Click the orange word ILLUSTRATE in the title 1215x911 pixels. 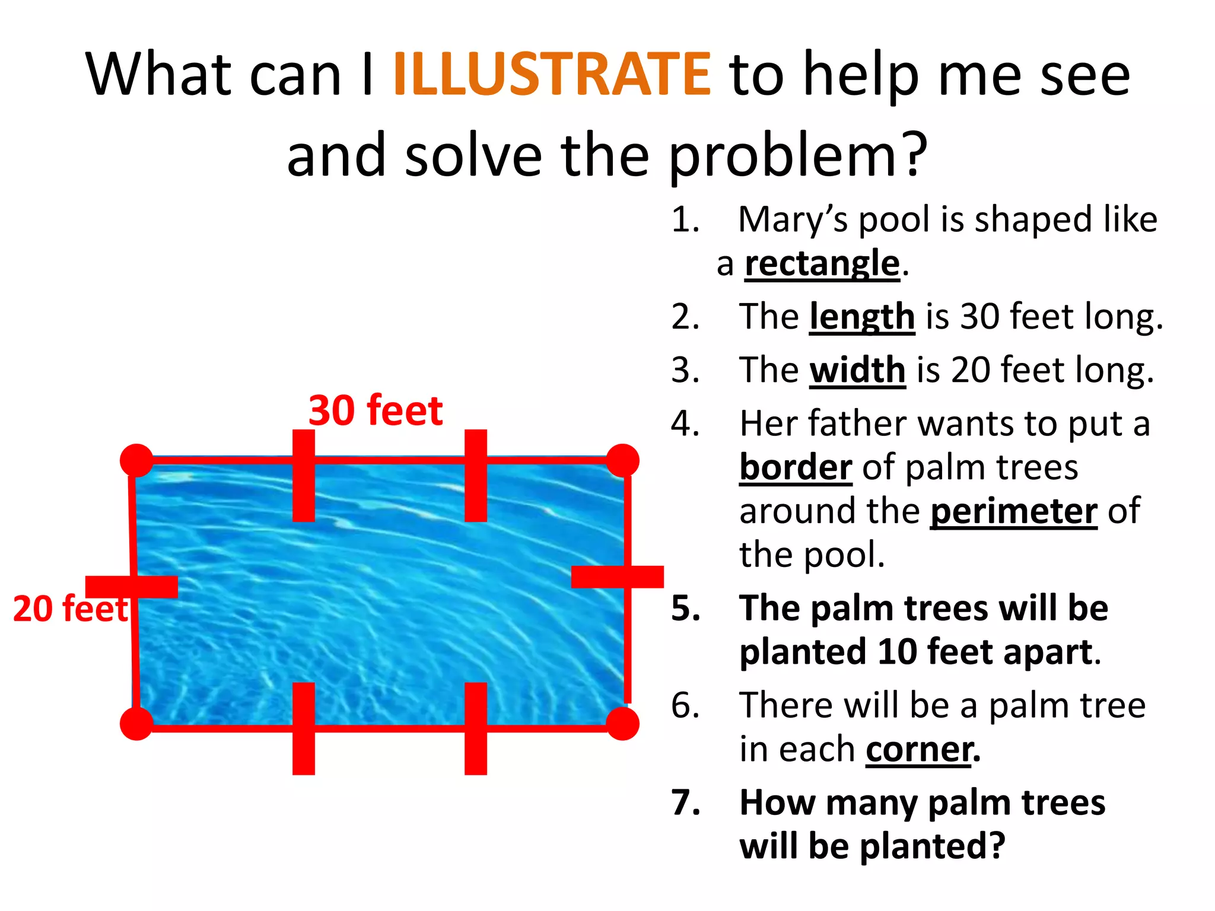click(x=552, y=74)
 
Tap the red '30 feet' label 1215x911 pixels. click(x=376, y=410)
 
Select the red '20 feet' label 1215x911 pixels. click(x=70, y=609)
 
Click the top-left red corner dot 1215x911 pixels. click(x=136, y=460)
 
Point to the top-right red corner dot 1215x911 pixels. click(x=622, y=460)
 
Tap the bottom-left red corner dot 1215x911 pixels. click(x=136, y=724)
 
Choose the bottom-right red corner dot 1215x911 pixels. click(x=622, y=724)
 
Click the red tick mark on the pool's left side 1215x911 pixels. click(x=132, y=587)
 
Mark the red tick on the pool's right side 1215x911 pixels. click(x=617, y=576)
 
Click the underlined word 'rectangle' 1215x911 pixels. click(x=822, y=263)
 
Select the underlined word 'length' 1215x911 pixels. click(x=862, y=317)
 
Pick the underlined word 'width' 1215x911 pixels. click(x=857, y=370)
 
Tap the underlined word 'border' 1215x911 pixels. click(x=796, y=467)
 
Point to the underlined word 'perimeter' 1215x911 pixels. click(x=1013, y=511)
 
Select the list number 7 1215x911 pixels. click(x=686, y=802)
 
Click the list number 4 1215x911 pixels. click(x=686, y=424)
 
